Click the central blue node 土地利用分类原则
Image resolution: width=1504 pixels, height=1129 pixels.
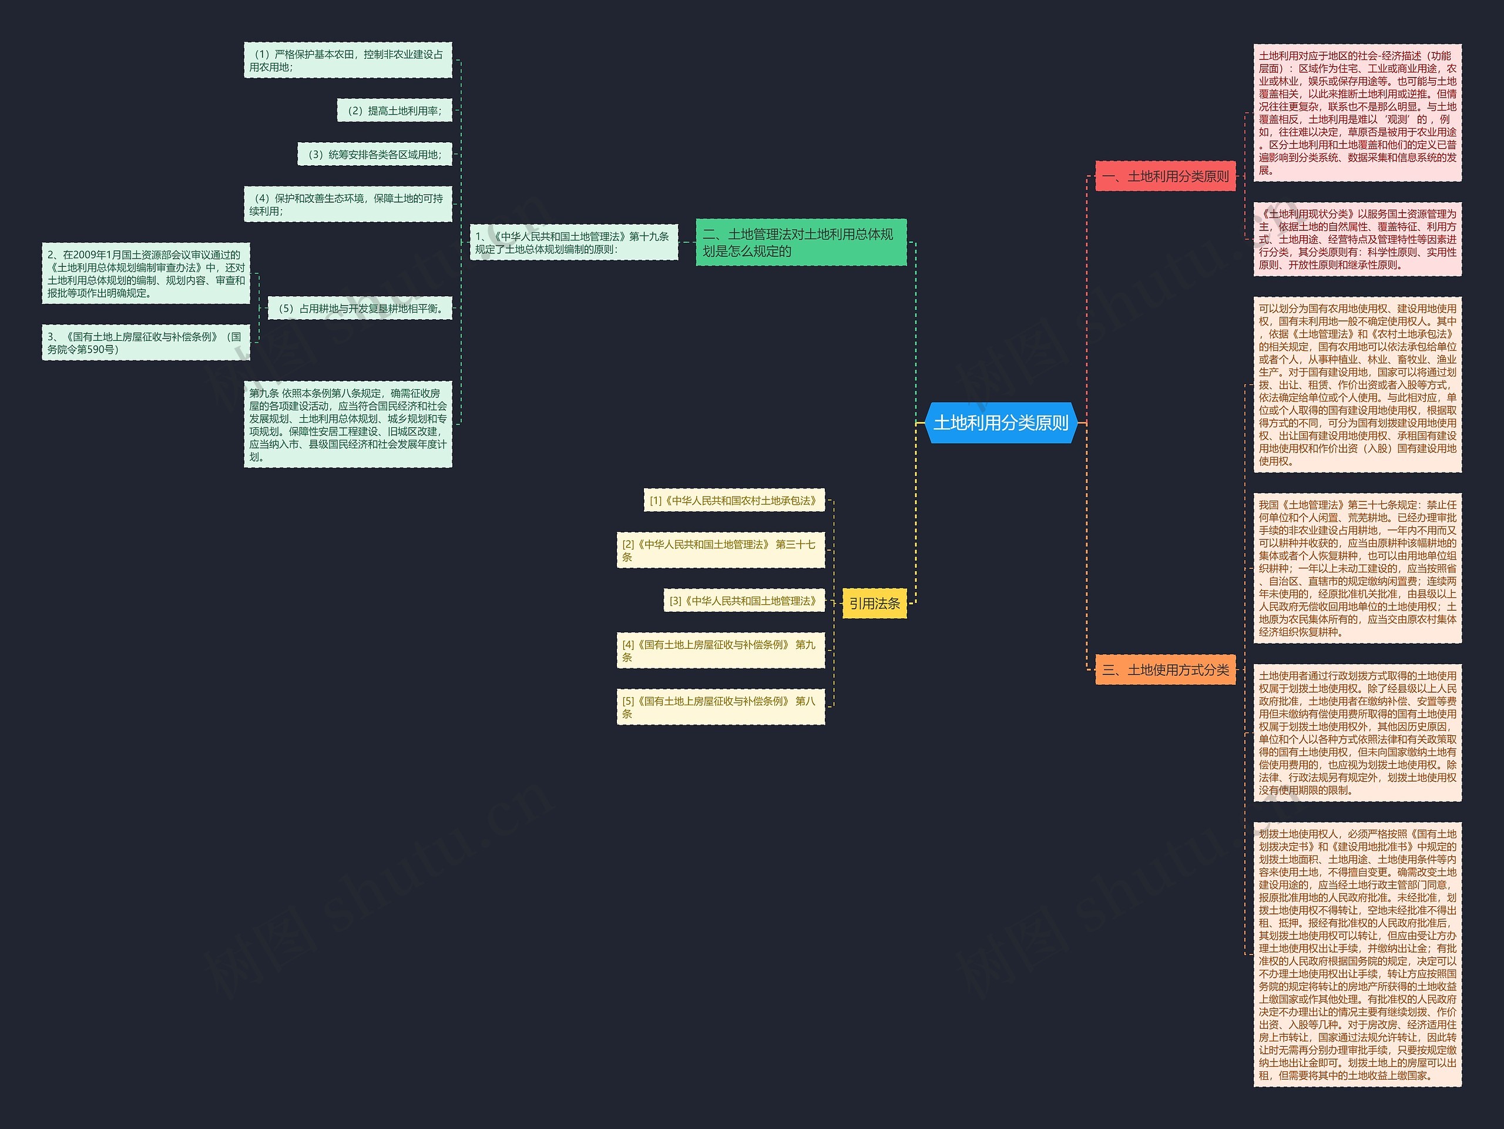pyautogui.click(x=1001, y=423)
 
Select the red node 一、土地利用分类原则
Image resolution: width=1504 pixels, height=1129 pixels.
pyautogui.click(x=1166, y=177)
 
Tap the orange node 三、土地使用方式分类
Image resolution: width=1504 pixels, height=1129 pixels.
pyautogui.click(x=1166, y=670)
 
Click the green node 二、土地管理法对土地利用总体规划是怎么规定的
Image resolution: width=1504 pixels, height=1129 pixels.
pyautogui.click(x=801, y=242)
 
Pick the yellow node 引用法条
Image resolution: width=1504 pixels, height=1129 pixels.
pyautogui.click(x=874, y=603)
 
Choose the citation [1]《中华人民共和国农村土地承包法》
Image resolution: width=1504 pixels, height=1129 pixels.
pyautogui.click(x=734, y=501)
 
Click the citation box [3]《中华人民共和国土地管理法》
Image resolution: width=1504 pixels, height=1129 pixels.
pyautogui.click(x=744, y=601)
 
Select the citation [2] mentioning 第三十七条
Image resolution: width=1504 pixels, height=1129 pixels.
pyautogui.click(x=721, y=550)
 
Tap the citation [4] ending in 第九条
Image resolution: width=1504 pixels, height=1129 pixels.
pyautogui.click(x=721, y=651)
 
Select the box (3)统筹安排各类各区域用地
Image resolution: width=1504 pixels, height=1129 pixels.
pyautogui.click(x=375, y=155)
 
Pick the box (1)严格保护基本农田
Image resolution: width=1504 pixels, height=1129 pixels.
pyautogui.click(x=347, y=61)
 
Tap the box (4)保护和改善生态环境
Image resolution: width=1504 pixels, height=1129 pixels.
pyautogui.click(x=347, y=204)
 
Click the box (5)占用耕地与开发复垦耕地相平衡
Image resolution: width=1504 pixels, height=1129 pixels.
pyautogui.click(x=360, y=309)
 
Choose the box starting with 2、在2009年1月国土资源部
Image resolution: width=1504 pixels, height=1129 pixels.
pyautogui.click(x=146, y=273)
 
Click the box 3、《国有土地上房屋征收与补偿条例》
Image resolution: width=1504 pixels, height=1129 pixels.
pyautogui.click(x=146, y=343)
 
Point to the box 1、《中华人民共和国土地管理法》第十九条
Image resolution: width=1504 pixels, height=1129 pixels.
pyautogui.click(x=573, y=242)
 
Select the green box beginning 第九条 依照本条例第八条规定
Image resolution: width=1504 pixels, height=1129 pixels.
pyautogui.click(x=347, y=424)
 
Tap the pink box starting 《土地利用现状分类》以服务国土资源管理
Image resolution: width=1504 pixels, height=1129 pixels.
pyautogui.click(x=1357, y=239)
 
